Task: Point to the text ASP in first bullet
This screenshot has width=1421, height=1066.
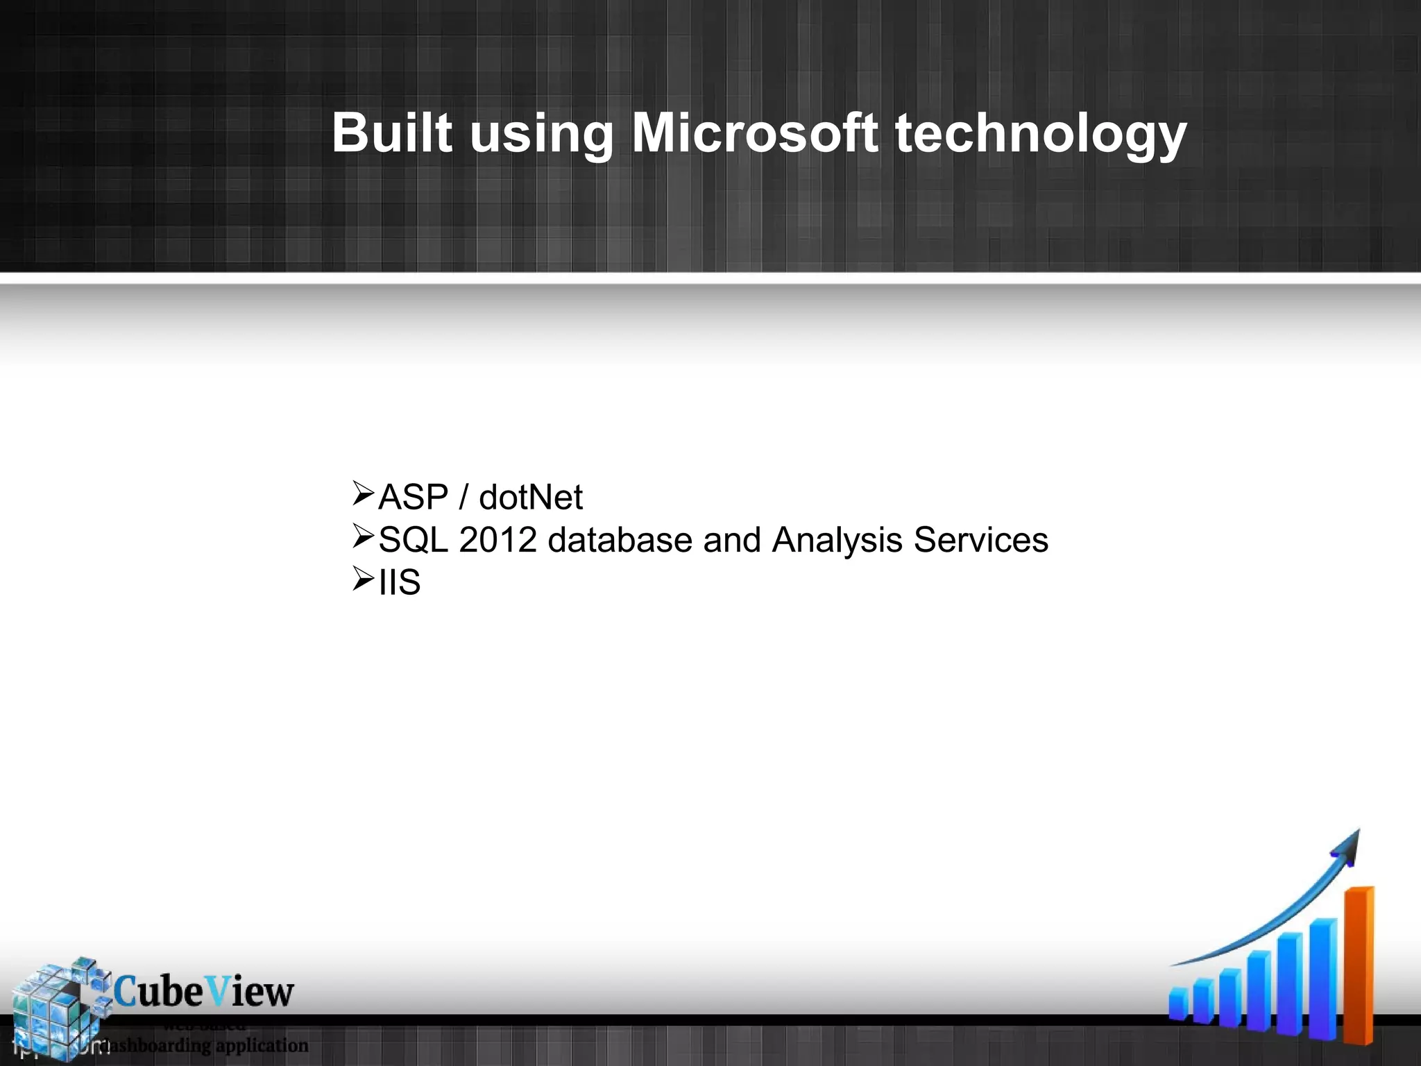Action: click(414, 498)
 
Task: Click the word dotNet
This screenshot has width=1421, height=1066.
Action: click(531, 498)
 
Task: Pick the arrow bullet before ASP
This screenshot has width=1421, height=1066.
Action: click(363, 493)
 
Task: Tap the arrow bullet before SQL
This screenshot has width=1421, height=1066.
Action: click(363, 536)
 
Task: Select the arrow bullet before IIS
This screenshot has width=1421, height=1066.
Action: click(363, 579)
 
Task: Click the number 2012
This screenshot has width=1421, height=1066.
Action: click(497, 540)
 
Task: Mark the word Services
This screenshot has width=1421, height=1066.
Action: click(980, 540)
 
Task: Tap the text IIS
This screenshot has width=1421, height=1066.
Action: click(400, 582)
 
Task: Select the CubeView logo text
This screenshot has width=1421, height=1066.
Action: click(203, 992)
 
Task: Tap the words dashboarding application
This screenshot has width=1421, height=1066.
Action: click(205, 1045)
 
